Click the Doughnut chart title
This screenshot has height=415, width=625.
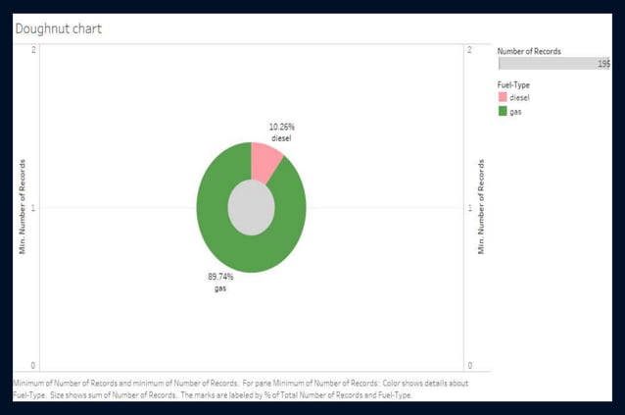coord(58,28)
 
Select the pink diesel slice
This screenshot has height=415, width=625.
coord(264,160)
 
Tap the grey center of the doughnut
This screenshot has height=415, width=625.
coord(251,208)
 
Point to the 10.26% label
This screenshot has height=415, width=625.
coord(281,127)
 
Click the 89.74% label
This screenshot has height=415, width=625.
coord(219,277)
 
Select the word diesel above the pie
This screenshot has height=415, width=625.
coord(281,138)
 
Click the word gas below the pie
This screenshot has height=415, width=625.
coord(219,288)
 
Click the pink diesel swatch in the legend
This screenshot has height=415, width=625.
coord(503,97)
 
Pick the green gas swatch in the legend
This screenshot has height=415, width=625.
coord(503,111)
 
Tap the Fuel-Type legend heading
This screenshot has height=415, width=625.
coord(515,84)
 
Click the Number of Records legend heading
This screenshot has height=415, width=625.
coord(529,51)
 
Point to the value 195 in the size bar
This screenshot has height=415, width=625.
coord(603,64)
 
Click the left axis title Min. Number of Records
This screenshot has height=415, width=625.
coord(23,207)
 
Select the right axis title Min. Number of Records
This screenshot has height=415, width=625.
coord(481,207)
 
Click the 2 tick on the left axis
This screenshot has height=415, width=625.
coord(34,49)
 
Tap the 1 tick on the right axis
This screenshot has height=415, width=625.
coord(469,208)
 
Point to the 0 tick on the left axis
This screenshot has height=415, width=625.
coord(34,366)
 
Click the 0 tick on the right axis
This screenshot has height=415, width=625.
coord(469,366)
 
